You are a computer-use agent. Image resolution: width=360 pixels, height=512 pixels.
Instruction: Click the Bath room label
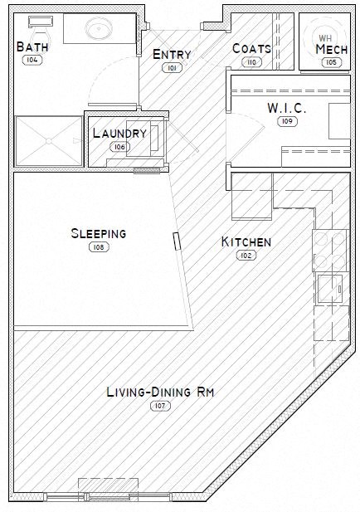[32, 47]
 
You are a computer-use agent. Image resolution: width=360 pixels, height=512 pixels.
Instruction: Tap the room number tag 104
[33, 61]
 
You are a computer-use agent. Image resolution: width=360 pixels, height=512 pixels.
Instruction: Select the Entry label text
[173, 55]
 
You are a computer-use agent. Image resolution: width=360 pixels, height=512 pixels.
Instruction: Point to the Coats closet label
[251, 48]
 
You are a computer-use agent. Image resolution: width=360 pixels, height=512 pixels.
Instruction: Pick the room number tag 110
[251, 61]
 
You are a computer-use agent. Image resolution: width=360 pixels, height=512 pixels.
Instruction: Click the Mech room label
[331, 49]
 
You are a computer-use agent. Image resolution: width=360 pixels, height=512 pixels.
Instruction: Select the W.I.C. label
[288, 108]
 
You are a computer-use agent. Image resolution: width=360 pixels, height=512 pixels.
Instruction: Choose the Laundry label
[119, 133]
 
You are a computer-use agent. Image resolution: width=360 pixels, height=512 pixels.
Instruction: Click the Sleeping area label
[98, 233]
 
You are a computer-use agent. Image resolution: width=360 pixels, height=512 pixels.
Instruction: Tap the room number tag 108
[98, 246]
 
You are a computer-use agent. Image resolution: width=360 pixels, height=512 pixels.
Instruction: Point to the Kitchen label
[246, 242]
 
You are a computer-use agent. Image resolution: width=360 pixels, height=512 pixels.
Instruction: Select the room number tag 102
[246, 256]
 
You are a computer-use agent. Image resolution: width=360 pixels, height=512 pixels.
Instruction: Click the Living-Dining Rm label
[161, 393]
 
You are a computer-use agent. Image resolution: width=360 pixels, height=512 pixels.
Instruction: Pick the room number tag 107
[159, 406]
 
